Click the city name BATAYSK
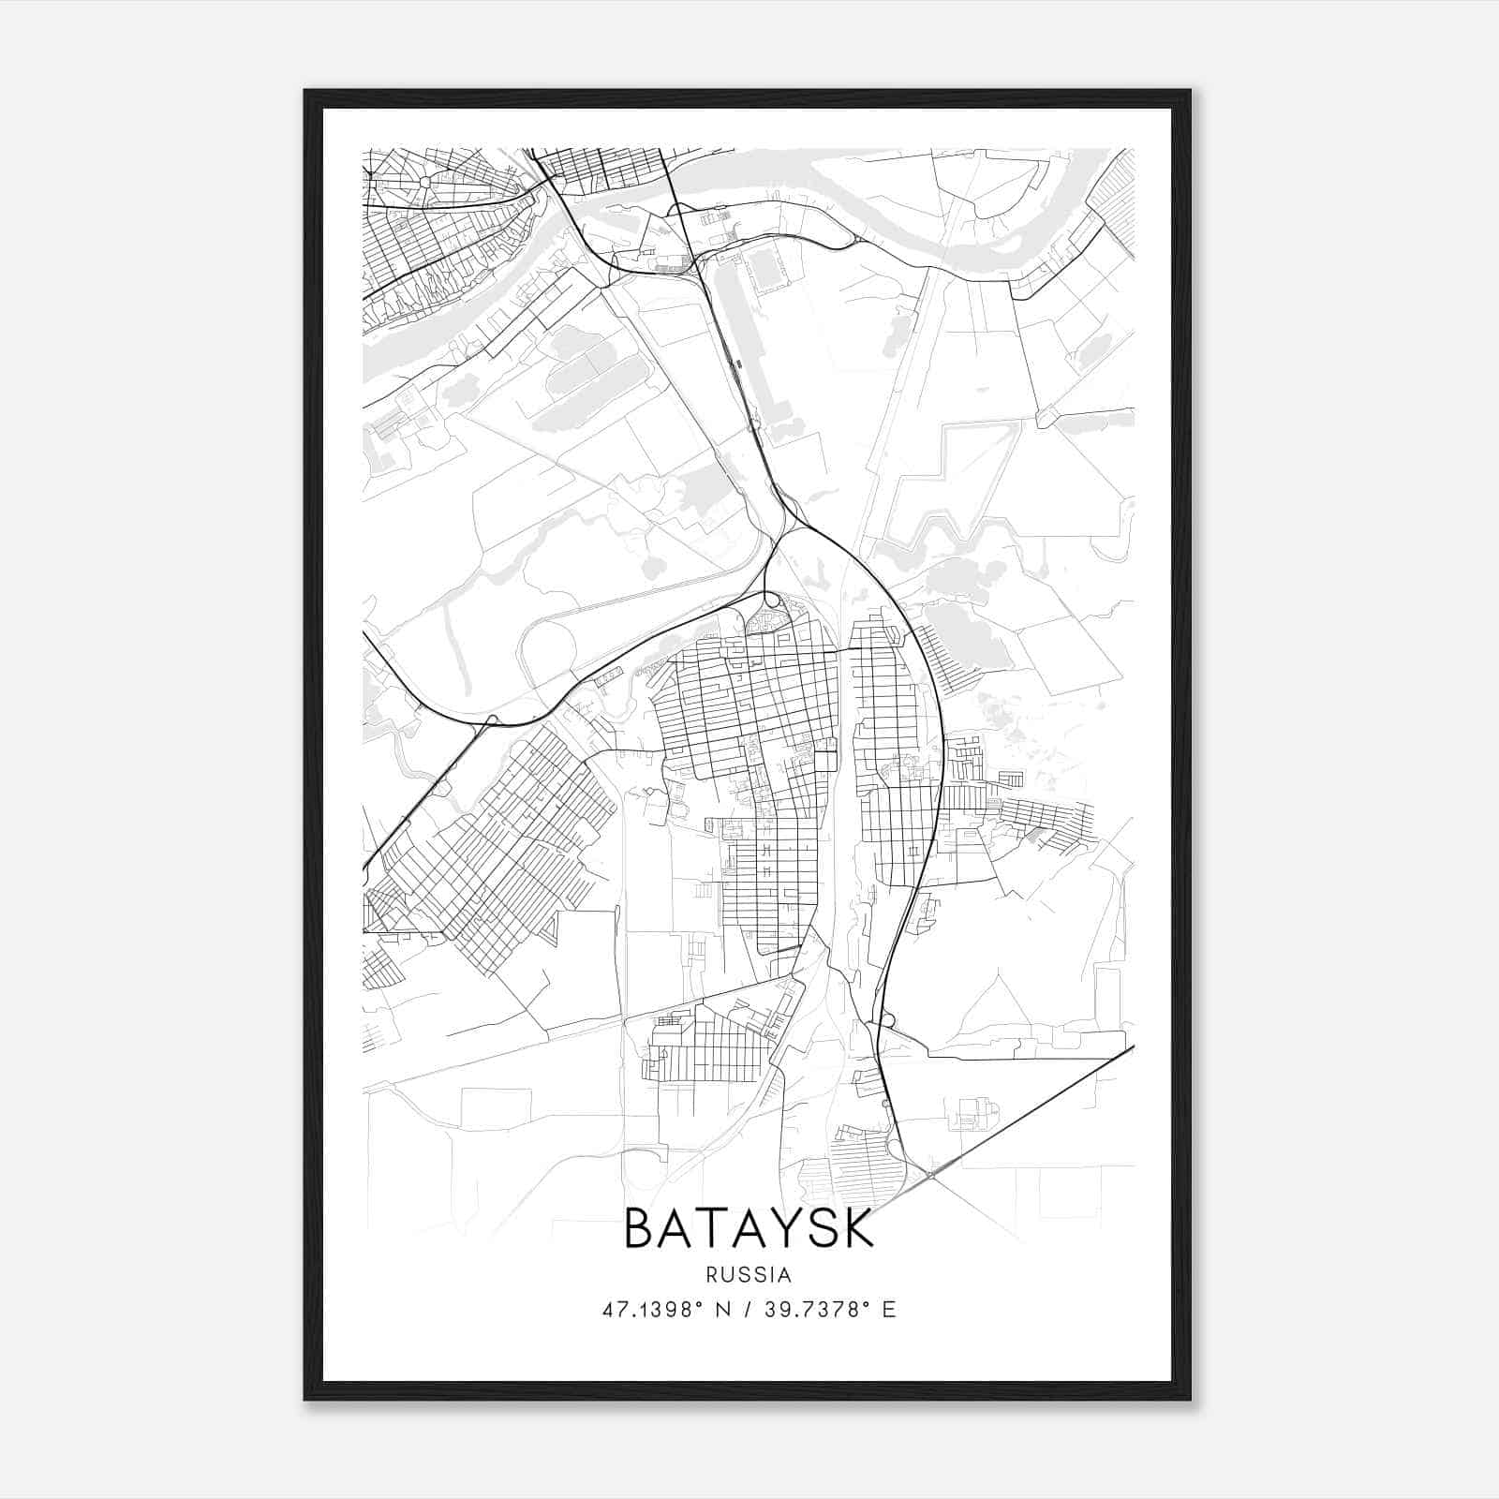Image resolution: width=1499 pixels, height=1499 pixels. point(749,1228)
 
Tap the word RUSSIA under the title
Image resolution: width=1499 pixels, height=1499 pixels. point(749,1275)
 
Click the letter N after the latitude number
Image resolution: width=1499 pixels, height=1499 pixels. point(722,1310)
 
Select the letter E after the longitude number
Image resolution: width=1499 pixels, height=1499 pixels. point(889,1310)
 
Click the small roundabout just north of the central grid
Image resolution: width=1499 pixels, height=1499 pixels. point(770,600)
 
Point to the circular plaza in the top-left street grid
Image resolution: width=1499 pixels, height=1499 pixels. point(425,182)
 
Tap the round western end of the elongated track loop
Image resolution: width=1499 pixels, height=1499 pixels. point(547,648)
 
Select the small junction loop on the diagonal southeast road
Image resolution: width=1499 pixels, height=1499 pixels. point(932,1171)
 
